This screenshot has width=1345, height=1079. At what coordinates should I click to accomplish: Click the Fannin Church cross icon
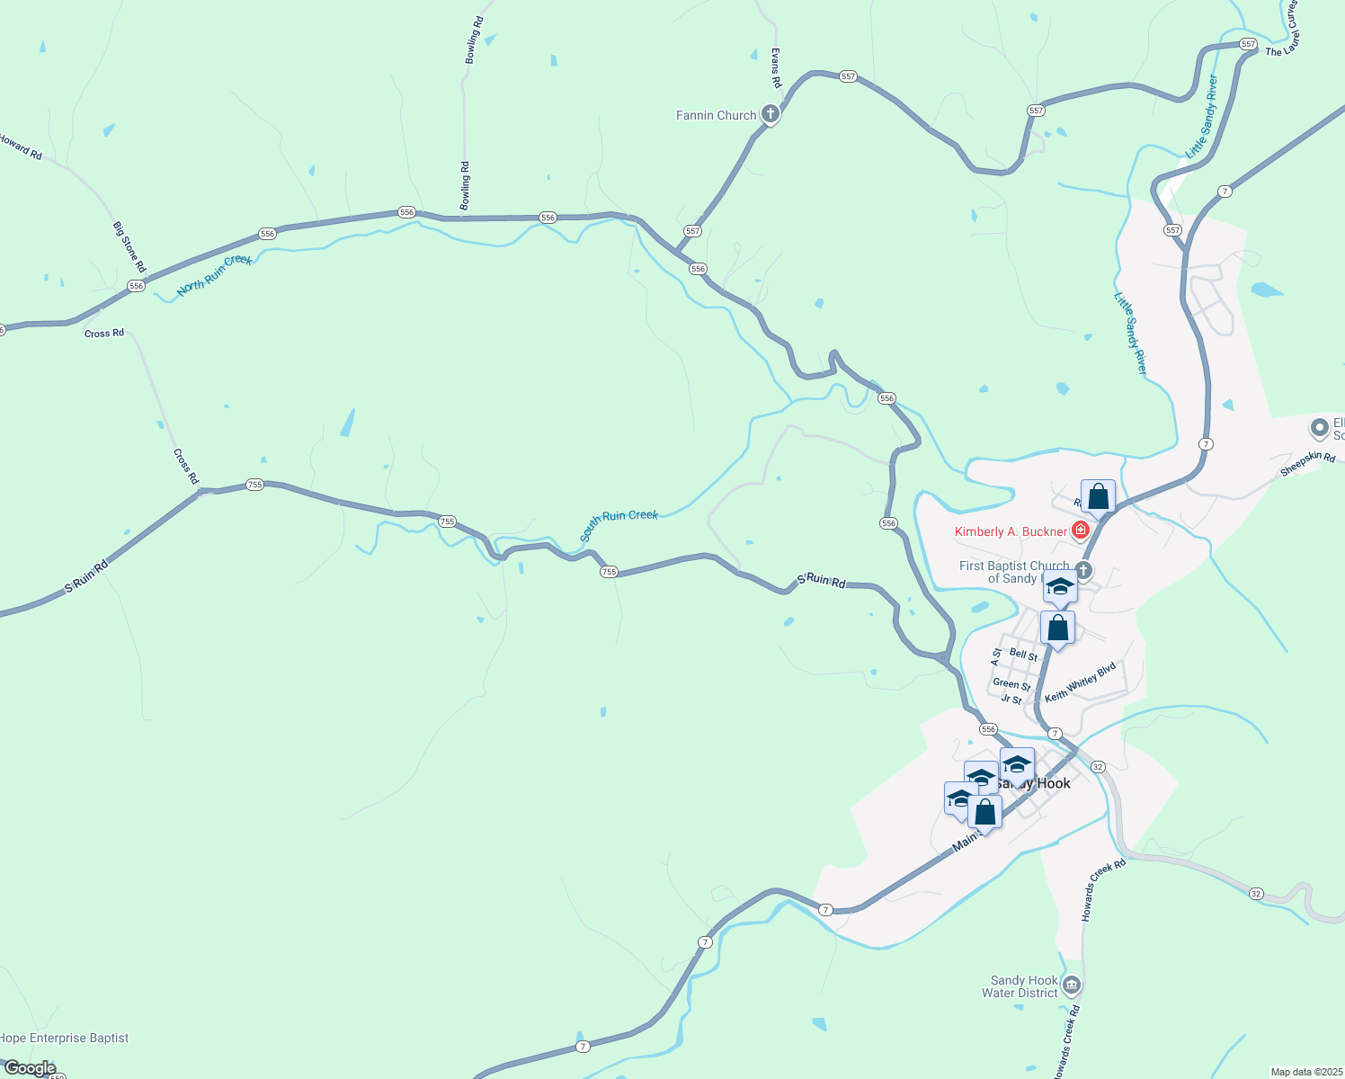click(770, 114)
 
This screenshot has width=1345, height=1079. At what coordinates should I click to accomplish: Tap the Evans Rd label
click(776, 68)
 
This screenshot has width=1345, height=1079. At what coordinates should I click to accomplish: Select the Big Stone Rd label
click(129, 246)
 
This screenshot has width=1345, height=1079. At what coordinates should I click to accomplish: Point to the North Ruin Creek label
click(215, 274)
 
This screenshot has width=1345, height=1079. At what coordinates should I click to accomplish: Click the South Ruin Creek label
click(619, 524)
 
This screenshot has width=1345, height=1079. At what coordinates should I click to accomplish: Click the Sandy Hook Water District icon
click(1071, 985)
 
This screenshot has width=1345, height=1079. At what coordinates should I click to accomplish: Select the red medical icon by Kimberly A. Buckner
click(1081, 531)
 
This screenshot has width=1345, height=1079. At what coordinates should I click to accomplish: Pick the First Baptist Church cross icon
click(1083, 570)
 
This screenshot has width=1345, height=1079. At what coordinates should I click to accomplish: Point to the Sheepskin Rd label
click(1307, 464)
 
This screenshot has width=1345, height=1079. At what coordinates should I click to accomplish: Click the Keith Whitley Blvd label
click(1080, 682)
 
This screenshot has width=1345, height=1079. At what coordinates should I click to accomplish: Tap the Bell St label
click(1023, 655)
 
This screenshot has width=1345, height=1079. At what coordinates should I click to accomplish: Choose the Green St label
click(1011, 684)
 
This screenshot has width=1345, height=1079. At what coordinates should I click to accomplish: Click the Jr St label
click(1011, 700)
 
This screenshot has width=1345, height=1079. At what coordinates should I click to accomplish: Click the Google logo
click(30, 1068)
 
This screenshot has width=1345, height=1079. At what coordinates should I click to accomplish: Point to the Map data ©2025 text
click(1305, 1072)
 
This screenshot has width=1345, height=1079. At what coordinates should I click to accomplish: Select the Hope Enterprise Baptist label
click(65, 1038)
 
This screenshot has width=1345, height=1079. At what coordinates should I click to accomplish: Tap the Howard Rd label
click(21, 147)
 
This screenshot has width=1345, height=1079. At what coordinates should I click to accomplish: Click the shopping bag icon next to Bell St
click(1057, 628)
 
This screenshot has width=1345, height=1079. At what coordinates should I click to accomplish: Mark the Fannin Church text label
click(716, 115)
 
